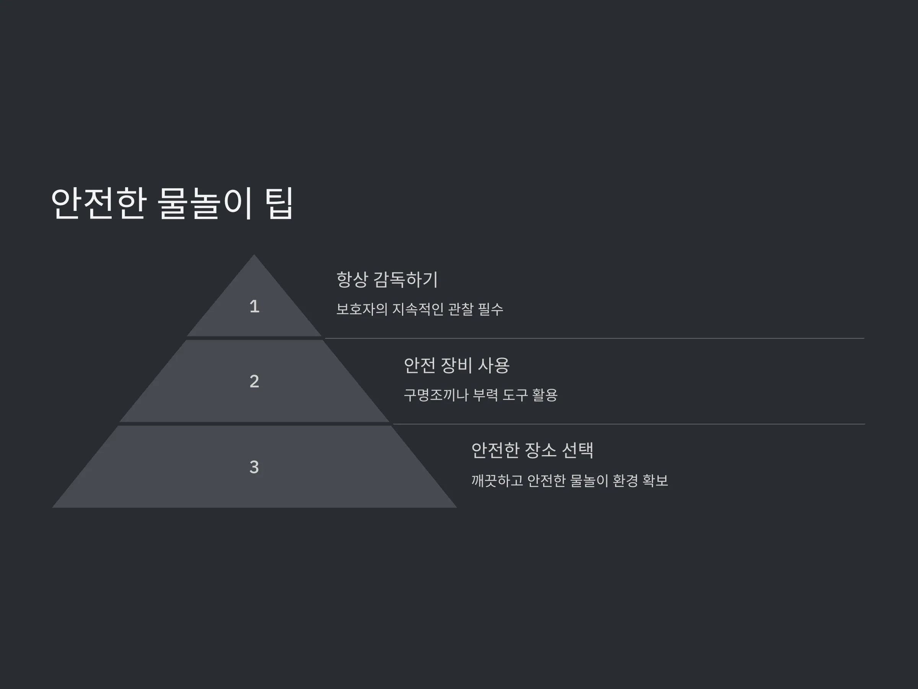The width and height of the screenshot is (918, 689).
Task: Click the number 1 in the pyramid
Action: click(x=254, y=307)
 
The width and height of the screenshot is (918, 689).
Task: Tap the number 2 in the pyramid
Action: click(x=254, y=381)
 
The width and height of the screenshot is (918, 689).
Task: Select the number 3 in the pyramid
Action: click(x=254, y=467)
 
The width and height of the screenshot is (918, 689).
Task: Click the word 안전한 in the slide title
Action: click(x=98, y=203)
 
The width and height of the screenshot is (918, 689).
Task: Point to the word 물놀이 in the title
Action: click(x=205, y=203)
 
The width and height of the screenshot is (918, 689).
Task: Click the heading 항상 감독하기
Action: click(x=387, y=279)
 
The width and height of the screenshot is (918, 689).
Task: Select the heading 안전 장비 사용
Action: click(x=456, y=366)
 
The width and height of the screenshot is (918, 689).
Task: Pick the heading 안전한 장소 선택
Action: click(x=532, y=450)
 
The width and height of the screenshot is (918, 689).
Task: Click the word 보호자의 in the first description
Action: click(x=361, y=309)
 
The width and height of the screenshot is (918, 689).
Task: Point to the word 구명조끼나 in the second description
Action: click(x=436, y=395)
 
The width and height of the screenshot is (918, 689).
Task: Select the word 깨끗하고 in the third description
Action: click(x=497, y=481)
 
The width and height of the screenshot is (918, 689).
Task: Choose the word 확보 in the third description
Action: click(x=655, y=481)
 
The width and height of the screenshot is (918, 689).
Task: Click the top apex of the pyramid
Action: click(x=254, y=255)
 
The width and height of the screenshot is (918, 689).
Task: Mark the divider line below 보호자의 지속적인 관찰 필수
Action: click(x=595, y=338)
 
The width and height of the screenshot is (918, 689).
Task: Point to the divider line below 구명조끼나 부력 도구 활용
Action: click(x=629, y=424)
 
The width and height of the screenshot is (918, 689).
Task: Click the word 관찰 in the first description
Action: click(x=461, y=309)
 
